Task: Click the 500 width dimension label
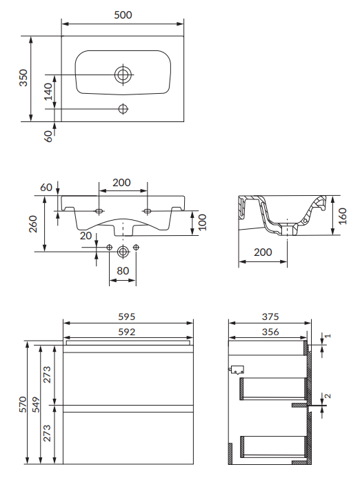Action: [123, 15]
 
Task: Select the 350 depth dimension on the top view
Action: [23, 78]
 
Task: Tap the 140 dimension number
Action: [48, 92]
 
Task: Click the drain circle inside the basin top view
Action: [123, 74]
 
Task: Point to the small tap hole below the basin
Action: [123, 108]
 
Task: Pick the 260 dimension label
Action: [33, 223]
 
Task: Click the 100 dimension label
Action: [202, 222]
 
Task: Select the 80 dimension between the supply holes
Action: [123, 270]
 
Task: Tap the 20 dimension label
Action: [86, 236]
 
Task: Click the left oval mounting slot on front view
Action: [99, 210]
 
